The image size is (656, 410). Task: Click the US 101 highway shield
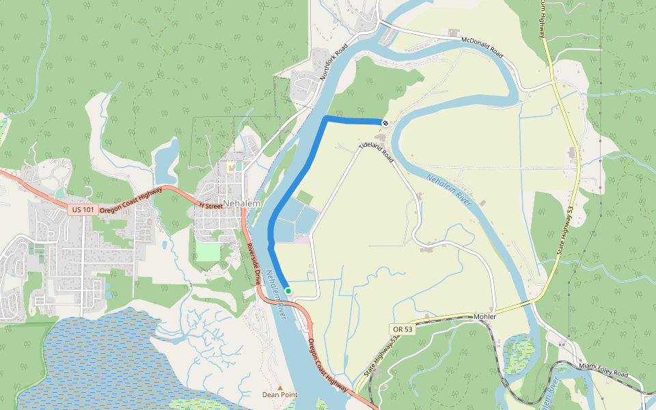[x=83, y=209]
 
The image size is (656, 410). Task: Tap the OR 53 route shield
[x=403, y=329]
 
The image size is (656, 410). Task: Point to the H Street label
[x=210, y=205]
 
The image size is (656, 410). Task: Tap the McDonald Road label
[x=482, y=47]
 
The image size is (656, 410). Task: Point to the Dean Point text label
[x=279, y=394]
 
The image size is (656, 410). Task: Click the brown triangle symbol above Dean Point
[x=279, y=387]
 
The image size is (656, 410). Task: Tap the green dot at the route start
[x=288, y=291]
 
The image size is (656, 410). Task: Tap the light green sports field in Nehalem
[x=207, y=251]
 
